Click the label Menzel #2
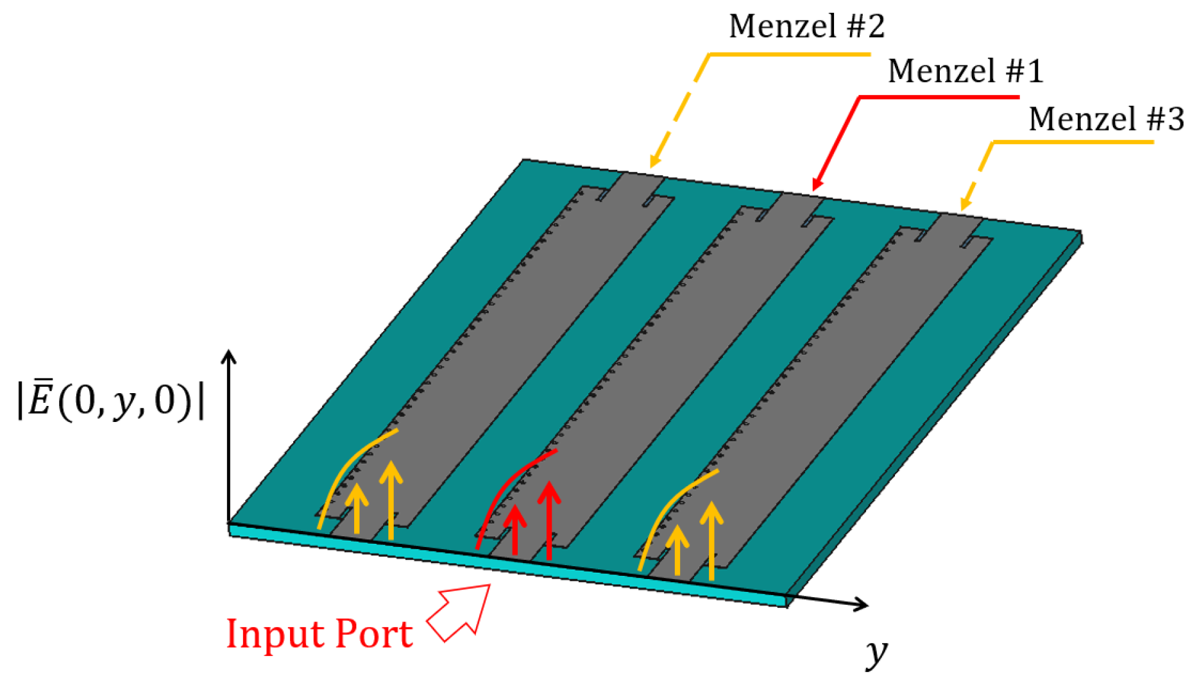806,27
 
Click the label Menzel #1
965,71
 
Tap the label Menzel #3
1106,119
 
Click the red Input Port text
319,635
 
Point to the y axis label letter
876,652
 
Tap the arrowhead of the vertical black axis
229,356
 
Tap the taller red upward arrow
549,519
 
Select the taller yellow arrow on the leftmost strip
391,500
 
